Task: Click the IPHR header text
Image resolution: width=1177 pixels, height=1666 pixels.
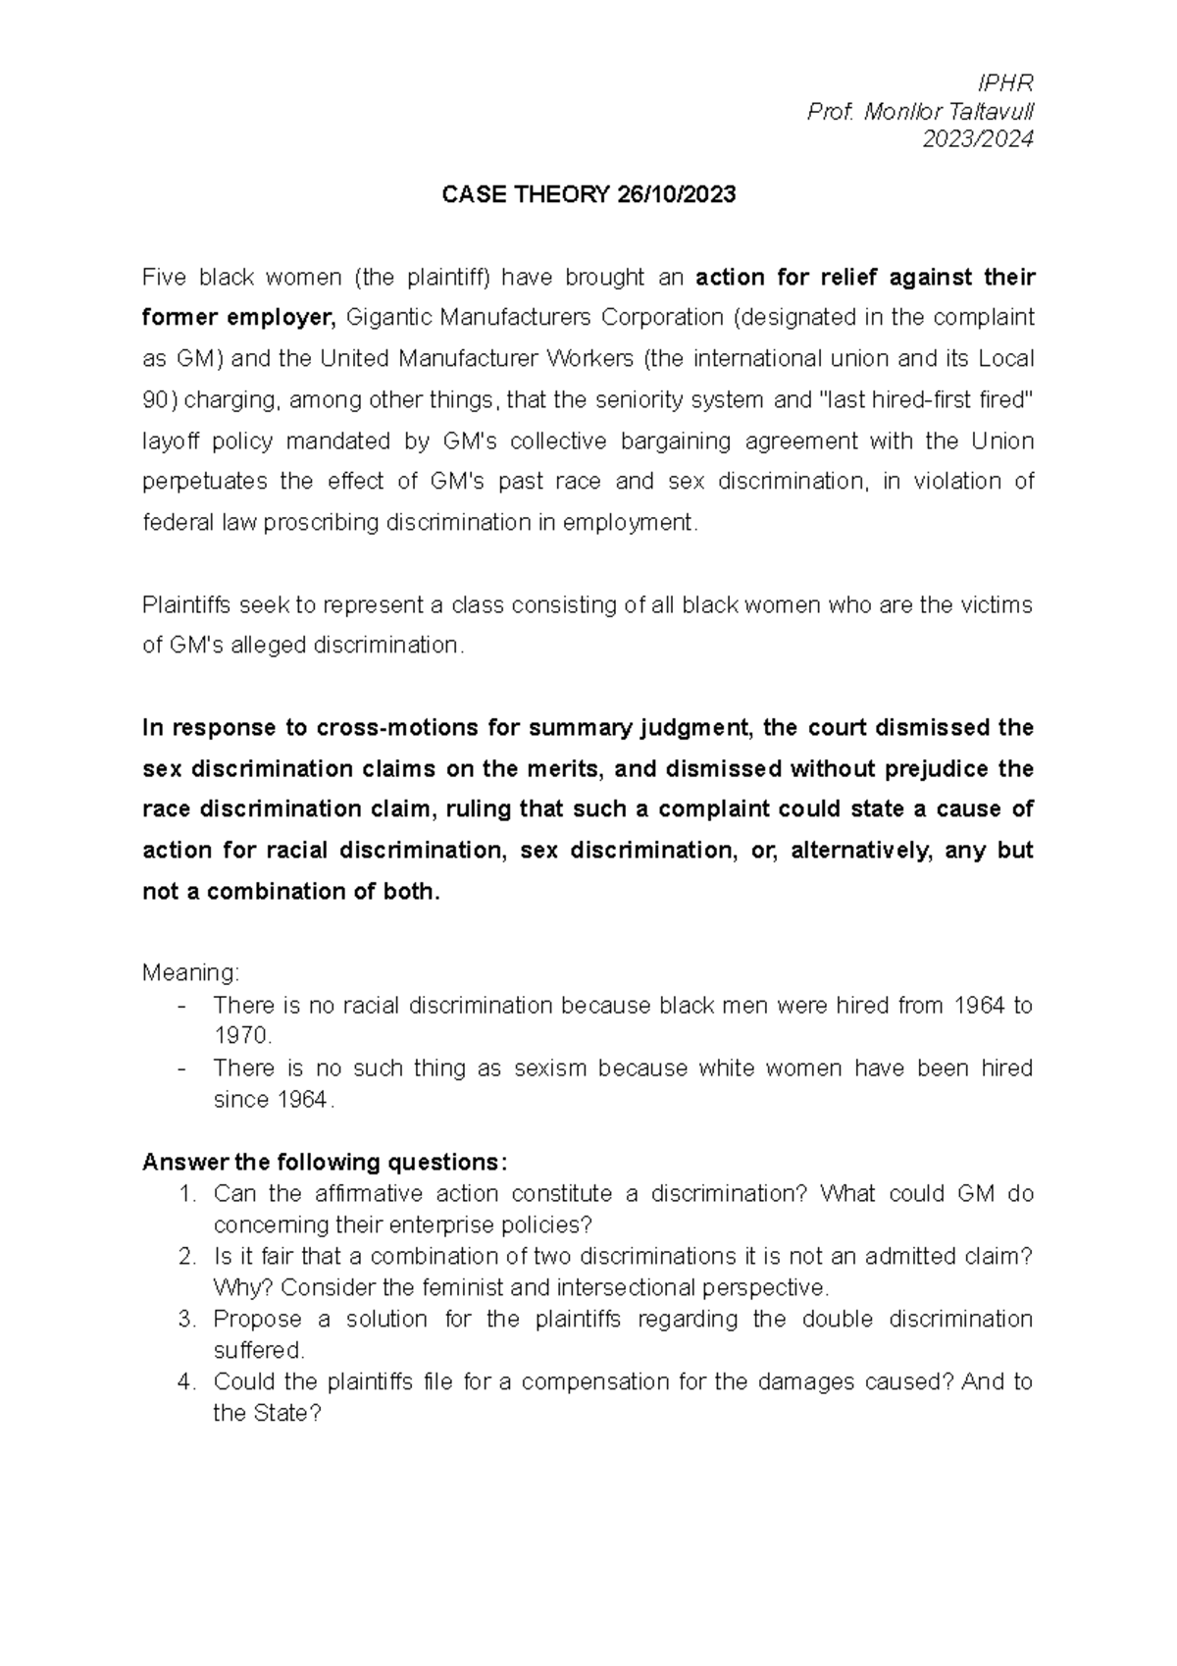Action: pyautogui.click(x=1012, y=83)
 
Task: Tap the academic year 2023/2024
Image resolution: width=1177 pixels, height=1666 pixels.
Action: pyautogui.click(x=978, y=140)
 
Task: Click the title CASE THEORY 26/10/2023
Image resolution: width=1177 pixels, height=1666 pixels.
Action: pyautogui.click(x=588, y=195)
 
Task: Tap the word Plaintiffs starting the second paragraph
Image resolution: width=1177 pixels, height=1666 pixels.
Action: pyautogui.click(x=187, y=605)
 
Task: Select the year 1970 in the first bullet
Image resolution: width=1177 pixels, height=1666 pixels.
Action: pyautogui.click(x=240, y=1036)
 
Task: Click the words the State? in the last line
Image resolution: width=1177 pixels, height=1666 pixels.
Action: pyautogui.click(x=268, y=1414)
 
